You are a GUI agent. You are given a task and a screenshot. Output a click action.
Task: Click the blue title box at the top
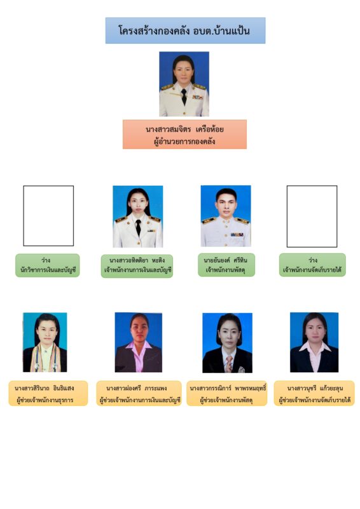pos(185,31)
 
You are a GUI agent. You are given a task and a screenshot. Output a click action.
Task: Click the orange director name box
pos(184,134)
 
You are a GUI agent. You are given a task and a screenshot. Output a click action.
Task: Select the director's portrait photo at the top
pos(184,84)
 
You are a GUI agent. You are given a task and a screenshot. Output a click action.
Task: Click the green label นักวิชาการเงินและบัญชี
pos(48,265)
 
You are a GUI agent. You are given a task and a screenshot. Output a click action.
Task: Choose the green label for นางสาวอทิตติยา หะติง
pos(137,266)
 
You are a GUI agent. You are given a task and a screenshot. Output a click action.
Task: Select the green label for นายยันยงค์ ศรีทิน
pos(226,265)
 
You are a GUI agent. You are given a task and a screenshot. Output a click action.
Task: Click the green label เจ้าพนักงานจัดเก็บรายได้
pos(312,265)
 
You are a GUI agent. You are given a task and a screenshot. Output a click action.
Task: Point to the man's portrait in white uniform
pos(226,216)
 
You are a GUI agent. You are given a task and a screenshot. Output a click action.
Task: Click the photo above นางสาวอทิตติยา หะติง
pos(137,216)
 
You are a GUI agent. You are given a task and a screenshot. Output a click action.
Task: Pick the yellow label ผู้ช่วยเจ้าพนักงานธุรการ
pos(48,393)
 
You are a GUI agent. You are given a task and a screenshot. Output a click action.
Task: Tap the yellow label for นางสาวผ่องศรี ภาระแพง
pos(139,393)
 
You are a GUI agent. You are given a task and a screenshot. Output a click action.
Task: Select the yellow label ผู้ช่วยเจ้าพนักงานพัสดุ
pos(226,393)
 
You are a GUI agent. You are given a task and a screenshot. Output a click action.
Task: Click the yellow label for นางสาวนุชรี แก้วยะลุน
pos(314,393)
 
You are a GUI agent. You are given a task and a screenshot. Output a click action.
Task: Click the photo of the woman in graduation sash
pos(45,342)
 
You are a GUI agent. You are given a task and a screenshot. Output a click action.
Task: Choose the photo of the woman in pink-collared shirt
pos(138,342)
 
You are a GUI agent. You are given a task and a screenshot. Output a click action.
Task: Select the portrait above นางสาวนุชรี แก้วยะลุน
pos(314,342)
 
